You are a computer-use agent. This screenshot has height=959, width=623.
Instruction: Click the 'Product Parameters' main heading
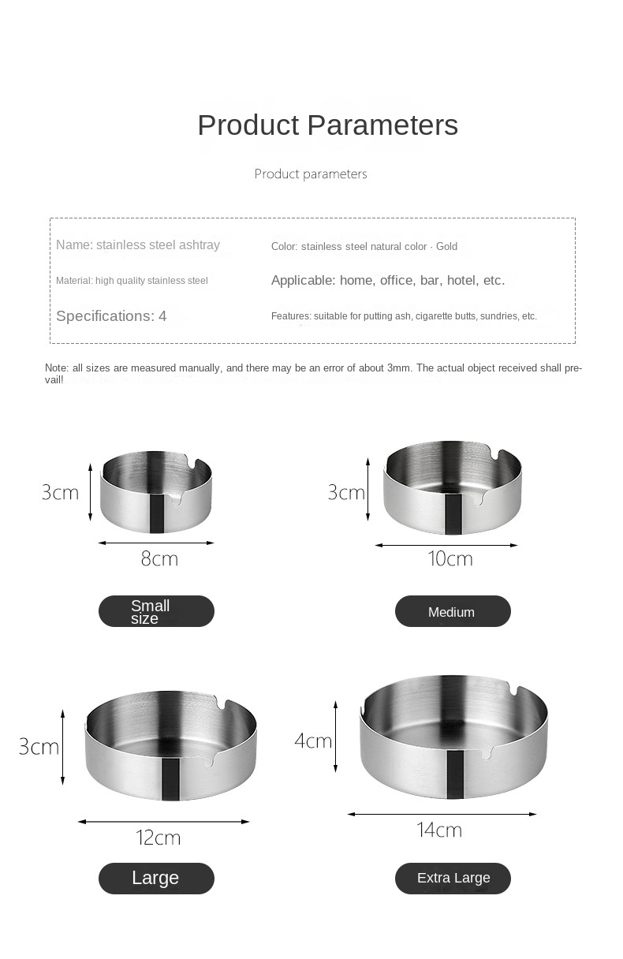click(327, 125)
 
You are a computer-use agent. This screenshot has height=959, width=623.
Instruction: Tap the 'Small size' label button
click(156, 611)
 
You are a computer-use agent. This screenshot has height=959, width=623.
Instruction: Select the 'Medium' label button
click(453, 611)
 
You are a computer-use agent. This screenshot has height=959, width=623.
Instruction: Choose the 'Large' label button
click(156, 878)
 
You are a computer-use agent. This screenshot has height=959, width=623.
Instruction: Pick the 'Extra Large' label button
click(453, 878)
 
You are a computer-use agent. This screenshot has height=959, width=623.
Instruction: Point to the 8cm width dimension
click(159, 559)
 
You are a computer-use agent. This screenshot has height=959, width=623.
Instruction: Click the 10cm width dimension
click(450, 559)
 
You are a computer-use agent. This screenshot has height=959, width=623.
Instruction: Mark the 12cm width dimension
click(159, 838)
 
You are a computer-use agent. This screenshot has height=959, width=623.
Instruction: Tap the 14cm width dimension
click(439, 830)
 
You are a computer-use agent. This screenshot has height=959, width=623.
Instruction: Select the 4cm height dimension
click(313, 741)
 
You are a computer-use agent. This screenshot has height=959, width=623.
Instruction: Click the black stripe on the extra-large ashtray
click(455, 774)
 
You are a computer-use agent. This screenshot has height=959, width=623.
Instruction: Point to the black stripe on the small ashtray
click(157, 513)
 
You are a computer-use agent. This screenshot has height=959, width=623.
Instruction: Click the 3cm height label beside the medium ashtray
click(346, 493)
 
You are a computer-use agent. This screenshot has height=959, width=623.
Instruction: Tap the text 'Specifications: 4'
click(111, 316)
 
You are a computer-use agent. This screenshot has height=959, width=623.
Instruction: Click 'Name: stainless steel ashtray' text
click(138, 245)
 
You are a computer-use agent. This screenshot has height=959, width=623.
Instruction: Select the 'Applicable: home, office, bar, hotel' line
click(388, 280)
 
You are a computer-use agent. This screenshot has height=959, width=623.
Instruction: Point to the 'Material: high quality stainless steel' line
click(132, 281)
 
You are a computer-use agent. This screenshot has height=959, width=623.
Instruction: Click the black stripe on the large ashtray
click(171, 778)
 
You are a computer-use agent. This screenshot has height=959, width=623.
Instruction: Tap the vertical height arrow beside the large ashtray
click(62, 746)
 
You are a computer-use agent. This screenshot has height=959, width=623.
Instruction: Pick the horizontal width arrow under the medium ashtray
click(446, 545)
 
